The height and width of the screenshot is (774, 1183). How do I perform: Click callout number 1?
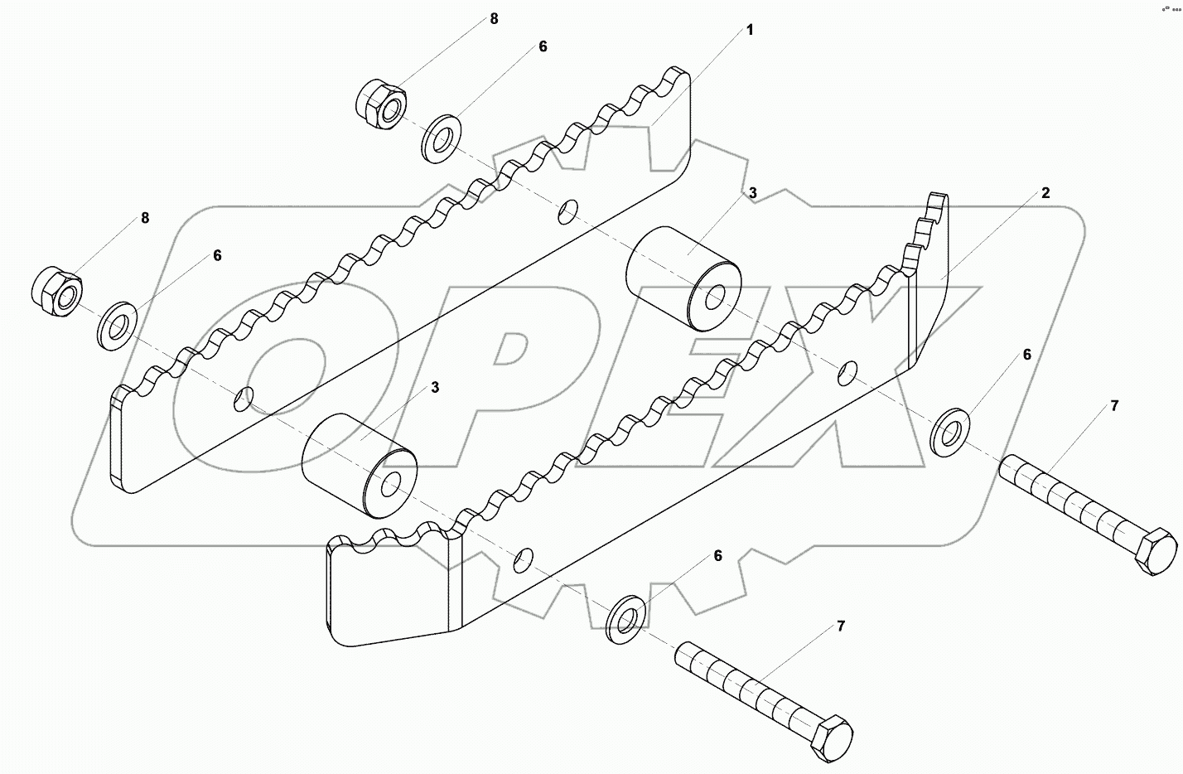[750, 31]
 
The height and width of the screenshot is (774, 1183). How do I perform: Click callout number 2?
[1045, 193]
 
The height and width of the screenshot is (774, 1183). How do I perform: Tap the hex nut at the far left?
[57, 291]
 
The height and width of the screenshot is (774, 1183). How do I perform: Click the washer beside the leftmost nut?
[118, 327]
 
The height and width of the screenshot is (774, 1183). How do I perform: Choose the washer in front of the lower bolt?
[628, 618]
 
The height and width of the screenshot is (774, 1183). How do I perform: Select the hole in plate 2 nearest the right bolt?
[847, 373]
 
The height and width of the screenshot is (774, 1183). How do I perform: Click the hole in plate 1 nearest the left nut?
[244, 399]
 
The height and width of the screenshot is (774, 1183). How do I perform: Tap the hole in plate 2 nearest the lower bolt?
[523, 560]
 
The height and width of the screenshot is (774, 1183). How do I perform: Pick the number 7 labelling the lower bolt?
[841, 626]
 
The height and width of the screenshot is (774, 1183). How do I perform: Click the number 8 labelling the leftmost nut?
[145, 218]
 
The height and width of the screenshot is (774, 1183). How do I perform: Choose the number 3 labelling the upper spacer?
[752, 193]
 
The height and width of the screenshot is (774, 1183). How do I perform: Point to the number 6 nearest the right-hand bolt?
[1027, 355]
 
